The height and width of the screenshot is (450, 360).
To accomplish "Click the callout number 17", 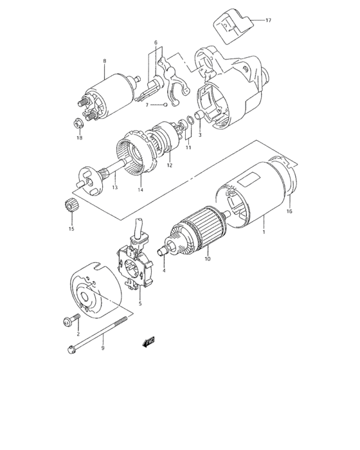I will tap(268, 21).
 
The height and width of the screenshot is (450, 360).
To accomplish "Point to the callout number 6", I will tap(155, 42).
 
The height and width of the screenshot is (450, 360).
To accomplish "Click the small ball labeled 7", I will tap(165, 104).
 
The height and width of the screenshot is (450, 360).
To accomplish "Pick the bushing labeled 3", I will tap(199, 116).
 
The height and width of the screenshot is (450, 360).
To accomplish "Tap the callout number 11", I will tap(188, 148).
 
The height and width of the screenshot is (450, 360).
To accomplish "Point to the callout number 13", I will tap(115, 188).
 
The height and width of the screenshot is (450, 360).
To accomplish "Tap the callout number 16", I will tap(289, 212).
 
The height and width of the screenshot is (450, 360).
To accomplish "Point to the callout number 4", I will tap(165, 271).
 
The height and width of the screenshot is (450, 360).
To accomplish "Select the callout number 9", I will tap(103, 348).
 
